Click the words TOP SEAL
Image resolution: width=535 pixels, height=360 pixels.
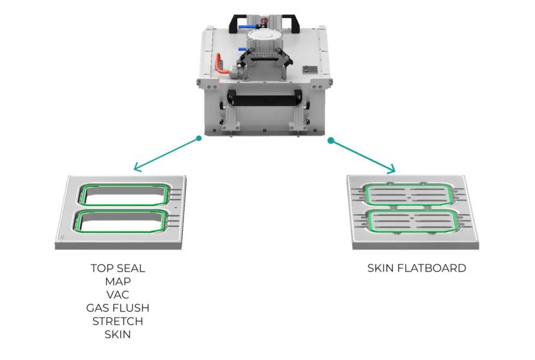tap(118, 268)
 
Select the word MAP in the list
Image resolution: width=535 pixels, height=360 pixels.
tap(118, 282)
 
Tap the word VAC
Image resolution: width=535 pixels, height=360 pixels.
tap(118, 295)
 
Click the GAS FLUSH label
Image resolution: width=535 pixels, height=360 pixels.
tap(118, 308)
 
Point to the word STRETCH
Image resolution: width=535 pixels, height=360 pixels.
tap(118, 321)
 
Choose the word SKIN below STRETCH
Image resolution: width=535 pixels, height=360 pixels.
tap(118, 334)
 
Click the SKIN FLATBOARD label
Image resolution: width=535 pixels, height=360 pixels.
tap(417, 268)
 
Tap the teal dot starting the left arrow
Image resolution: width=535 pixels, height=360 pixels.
tap(198, 138)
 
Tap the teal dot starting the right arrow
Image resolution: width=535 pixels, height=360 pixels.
tap(330, 140)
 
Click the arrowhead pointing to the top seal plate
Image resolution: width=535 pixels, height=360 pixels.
tap(137, 167)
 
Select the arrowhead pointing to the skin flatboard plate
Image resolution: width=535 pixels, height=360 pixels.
tap(392, 169)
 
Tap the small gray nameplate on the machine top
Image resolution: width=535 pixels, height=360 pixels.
tap(311, 70)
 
